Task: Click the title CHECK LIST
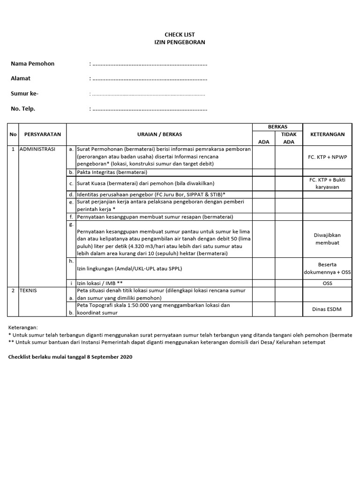point(180,35)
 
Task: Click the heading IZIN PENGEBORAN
point(180,42)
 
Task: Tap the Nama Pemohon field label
point(32,63)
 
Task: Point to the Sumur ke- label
point(24,94)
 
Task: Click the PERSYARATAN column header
point(43,134)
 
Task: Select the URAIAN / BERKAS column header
point(159,134)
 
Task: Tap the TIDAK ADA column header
point(289,138)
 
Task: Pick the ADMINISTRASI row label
point(37,149)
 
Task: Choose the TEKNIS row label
point(28,291)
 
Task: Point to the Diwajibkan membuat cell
point(327,239)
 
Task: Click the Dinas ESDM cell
point(327,309)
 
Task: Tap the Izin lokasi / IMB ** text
point(100,283)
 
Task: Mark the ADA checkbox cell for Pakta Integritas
point(264,172)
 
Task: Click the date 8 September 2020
point(110,357)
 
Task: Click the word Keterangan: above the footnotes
point(23,327)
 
